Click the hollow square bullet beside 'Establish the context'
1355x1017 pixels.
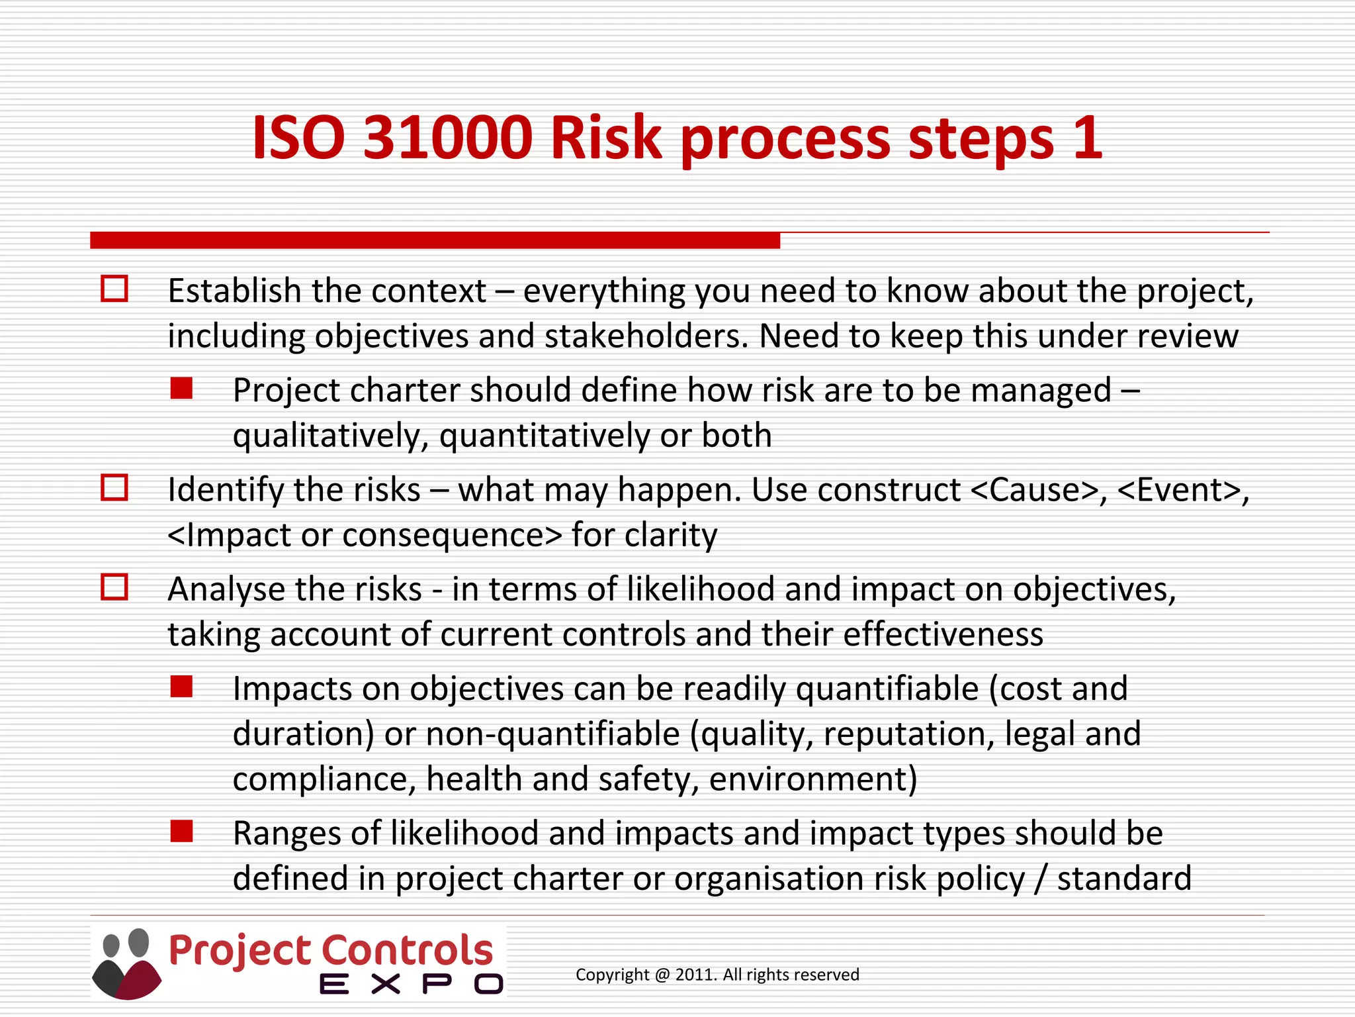114,289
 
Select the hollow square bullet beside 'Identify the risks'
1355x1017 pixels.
114,488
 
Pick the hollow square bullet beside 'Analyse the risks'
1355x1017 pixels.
114,587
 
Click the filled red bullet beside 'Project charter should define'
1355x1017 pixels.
181,388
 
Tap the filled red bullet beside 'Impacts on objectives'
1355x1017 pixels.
181,687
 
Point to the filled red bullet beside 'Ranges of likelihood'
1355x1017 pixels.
181,831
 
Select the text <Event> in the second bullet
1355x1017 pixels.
1180,491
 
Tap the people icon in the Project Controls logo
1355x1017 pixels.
126,963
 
